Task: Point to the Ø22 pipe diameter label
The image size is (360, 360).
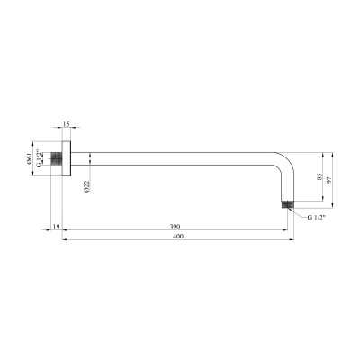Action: [x=87, y=187]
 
